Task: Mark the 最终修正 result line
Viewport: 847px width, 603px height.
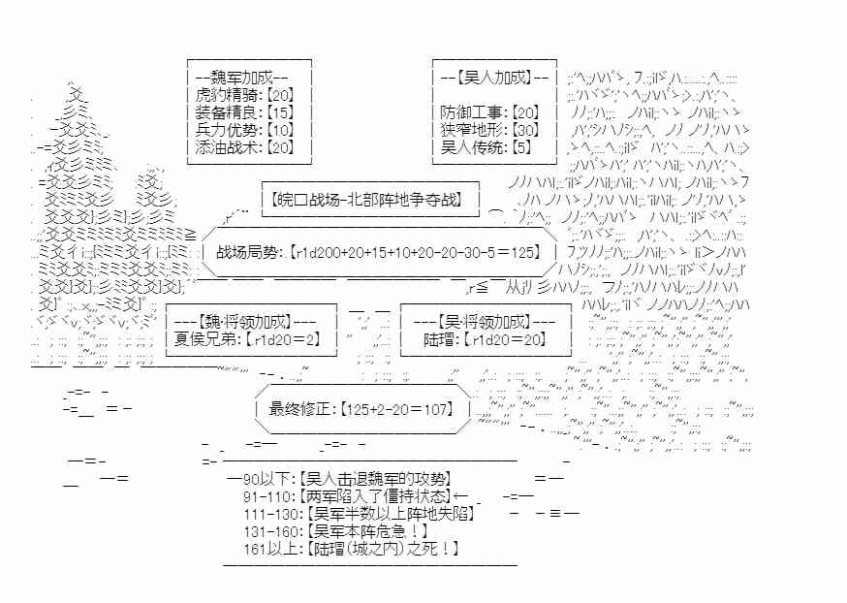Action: coord(361,409)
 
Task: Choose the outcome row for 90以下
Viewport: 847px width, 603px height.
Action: coord(346,478)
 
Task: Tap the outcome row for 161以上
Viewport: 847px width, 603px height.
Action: coord(352,549)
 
